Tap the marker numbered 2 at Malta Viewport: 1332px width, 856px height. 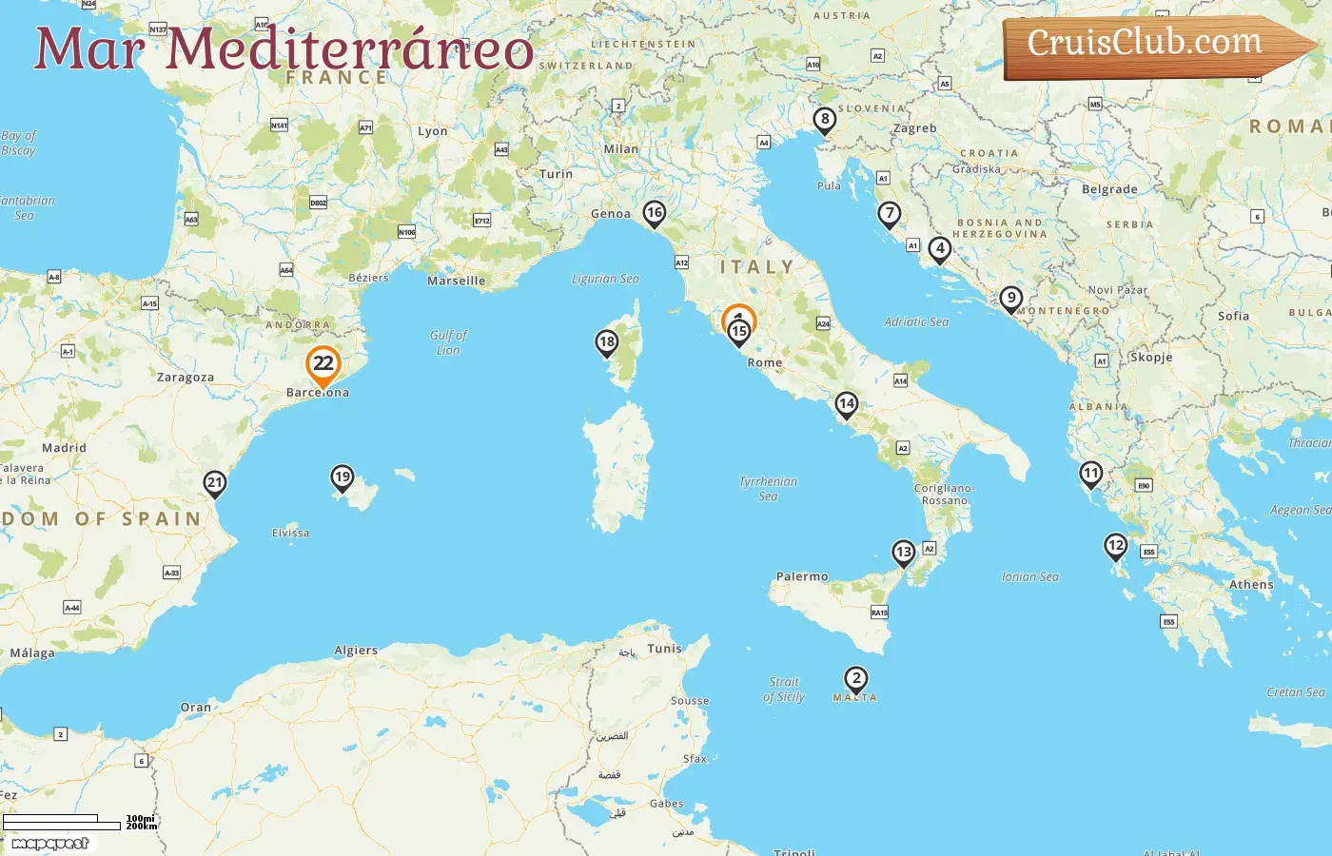click(x=856, y=679)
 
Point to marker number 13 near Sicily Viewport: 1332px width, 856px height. click(x=904, y=553)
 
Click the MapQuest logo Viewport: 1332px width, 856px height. click(x=49, y=844)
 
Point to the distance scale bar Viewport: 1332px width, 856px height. click(x=63, y=822)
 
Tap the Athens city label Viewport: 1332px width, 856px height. click(x=1250, y=585)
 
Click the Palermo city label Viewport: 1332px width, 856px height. click(x=802, y=576)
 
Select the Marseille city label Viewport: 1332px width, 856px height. click(x=456, y=281)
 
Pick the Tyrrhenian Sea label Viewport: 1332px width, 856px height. click(x=768, y=489)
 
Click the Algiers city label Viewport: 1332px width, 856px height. click(x=356, y=651)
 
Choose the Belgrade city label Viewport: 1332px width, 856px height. click(x=1109, y=189)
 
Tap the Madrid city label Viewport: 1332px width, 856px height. click(x=64, y=447)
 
